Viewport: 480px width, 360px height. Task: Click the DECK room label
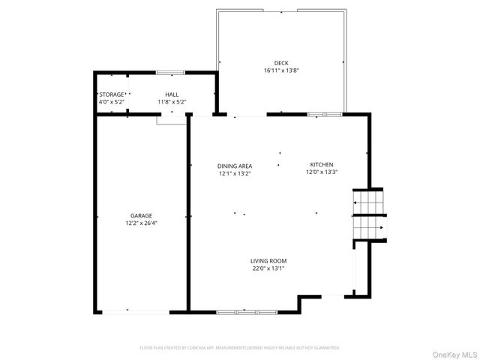click(281, 63)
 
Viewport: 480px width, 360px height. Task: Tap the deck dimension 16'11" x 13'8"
click(281, 70)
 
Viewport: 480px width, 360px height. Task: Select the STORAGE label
click(111, 94)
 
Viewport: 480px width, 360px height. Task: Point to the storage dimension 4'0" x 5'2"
click(111, 102)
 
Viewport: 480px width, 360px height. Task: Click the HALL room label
click(172, 94)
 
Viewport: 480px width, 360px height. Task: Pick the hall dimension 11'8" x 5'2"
click(172, 102)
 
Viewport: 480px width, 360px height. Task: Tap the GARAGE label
click(141, 215)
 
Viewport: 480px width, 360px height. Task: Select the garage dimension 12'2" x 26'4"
click(141, 223)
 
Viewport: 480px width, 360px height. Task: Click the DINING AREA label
click(235, 166)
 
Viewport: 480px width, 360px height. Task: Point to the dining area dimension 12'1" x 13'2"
click(235, 173)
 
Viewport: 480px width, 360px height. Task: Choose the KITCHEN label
click(322, 164)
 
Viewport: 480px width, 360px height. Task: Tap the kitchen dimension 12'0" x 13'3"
click(322, 172)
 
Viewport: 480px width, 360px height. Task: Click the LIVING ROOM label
click(268, 261)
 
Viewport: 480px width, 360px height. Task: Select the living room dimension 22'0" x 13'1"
click(268, 268)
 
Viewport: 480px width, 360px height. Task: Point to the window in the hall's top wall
click(171, 73)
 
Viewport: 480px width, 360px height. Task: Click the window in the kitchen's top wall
click(325, 115)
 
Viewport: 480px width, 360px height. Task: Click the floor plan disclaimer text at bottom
click(240, 348)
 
